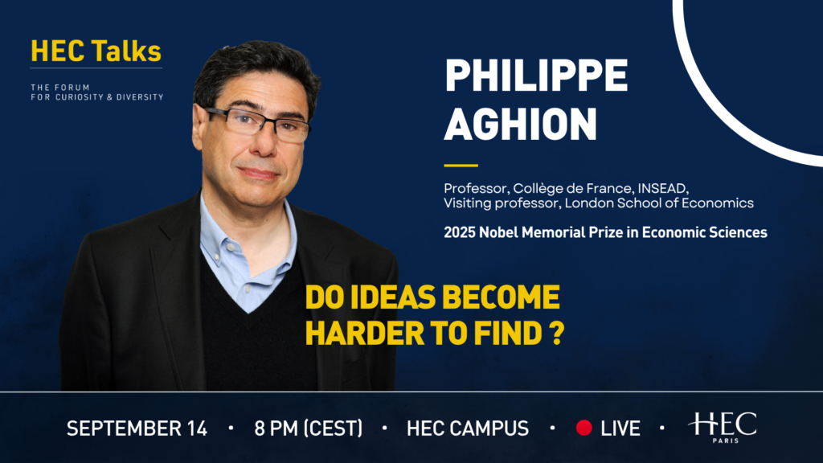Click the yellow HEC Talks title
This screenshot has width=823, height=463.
(x=96, y=51)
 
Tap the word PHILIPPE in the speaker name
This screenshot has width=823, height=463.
(x=536, y=76)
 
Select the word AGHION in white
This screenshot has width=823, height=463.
(x=521, y=124)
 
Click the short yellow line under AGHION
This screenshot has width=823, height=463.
(x=461, y=166)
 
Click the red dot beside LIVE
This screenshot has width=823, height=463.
(x=583, y=428)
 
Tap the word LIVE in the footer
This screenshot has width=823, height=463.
(x=620, y=428)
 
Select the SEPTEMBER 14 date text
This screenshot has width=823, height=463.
(x=137, y=428)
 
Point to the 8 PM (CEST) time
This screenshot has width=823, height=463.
(x=309, y=428)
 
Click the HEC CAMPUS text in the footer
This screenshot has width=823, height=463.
(x=468, y=428)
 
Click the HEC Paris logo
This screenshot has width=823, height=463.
(x=723, y=427)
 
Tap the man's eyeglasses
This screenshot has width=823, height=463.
(x=257, y=124)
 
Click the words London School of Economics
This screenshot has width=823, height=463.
(x=659, y=203)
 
